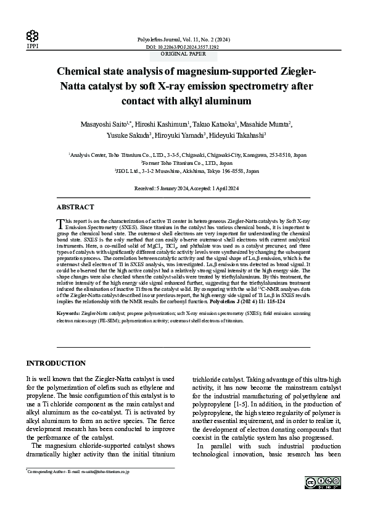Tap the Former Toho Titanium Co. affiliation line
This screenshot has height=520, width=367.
(183, 163)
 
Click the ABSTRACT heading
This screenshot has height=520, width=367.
(75, 208)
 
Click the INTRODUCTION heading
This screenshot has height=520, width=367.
(56, 363)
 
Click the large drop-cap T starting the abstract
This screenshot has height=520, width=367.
(60, 223)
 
